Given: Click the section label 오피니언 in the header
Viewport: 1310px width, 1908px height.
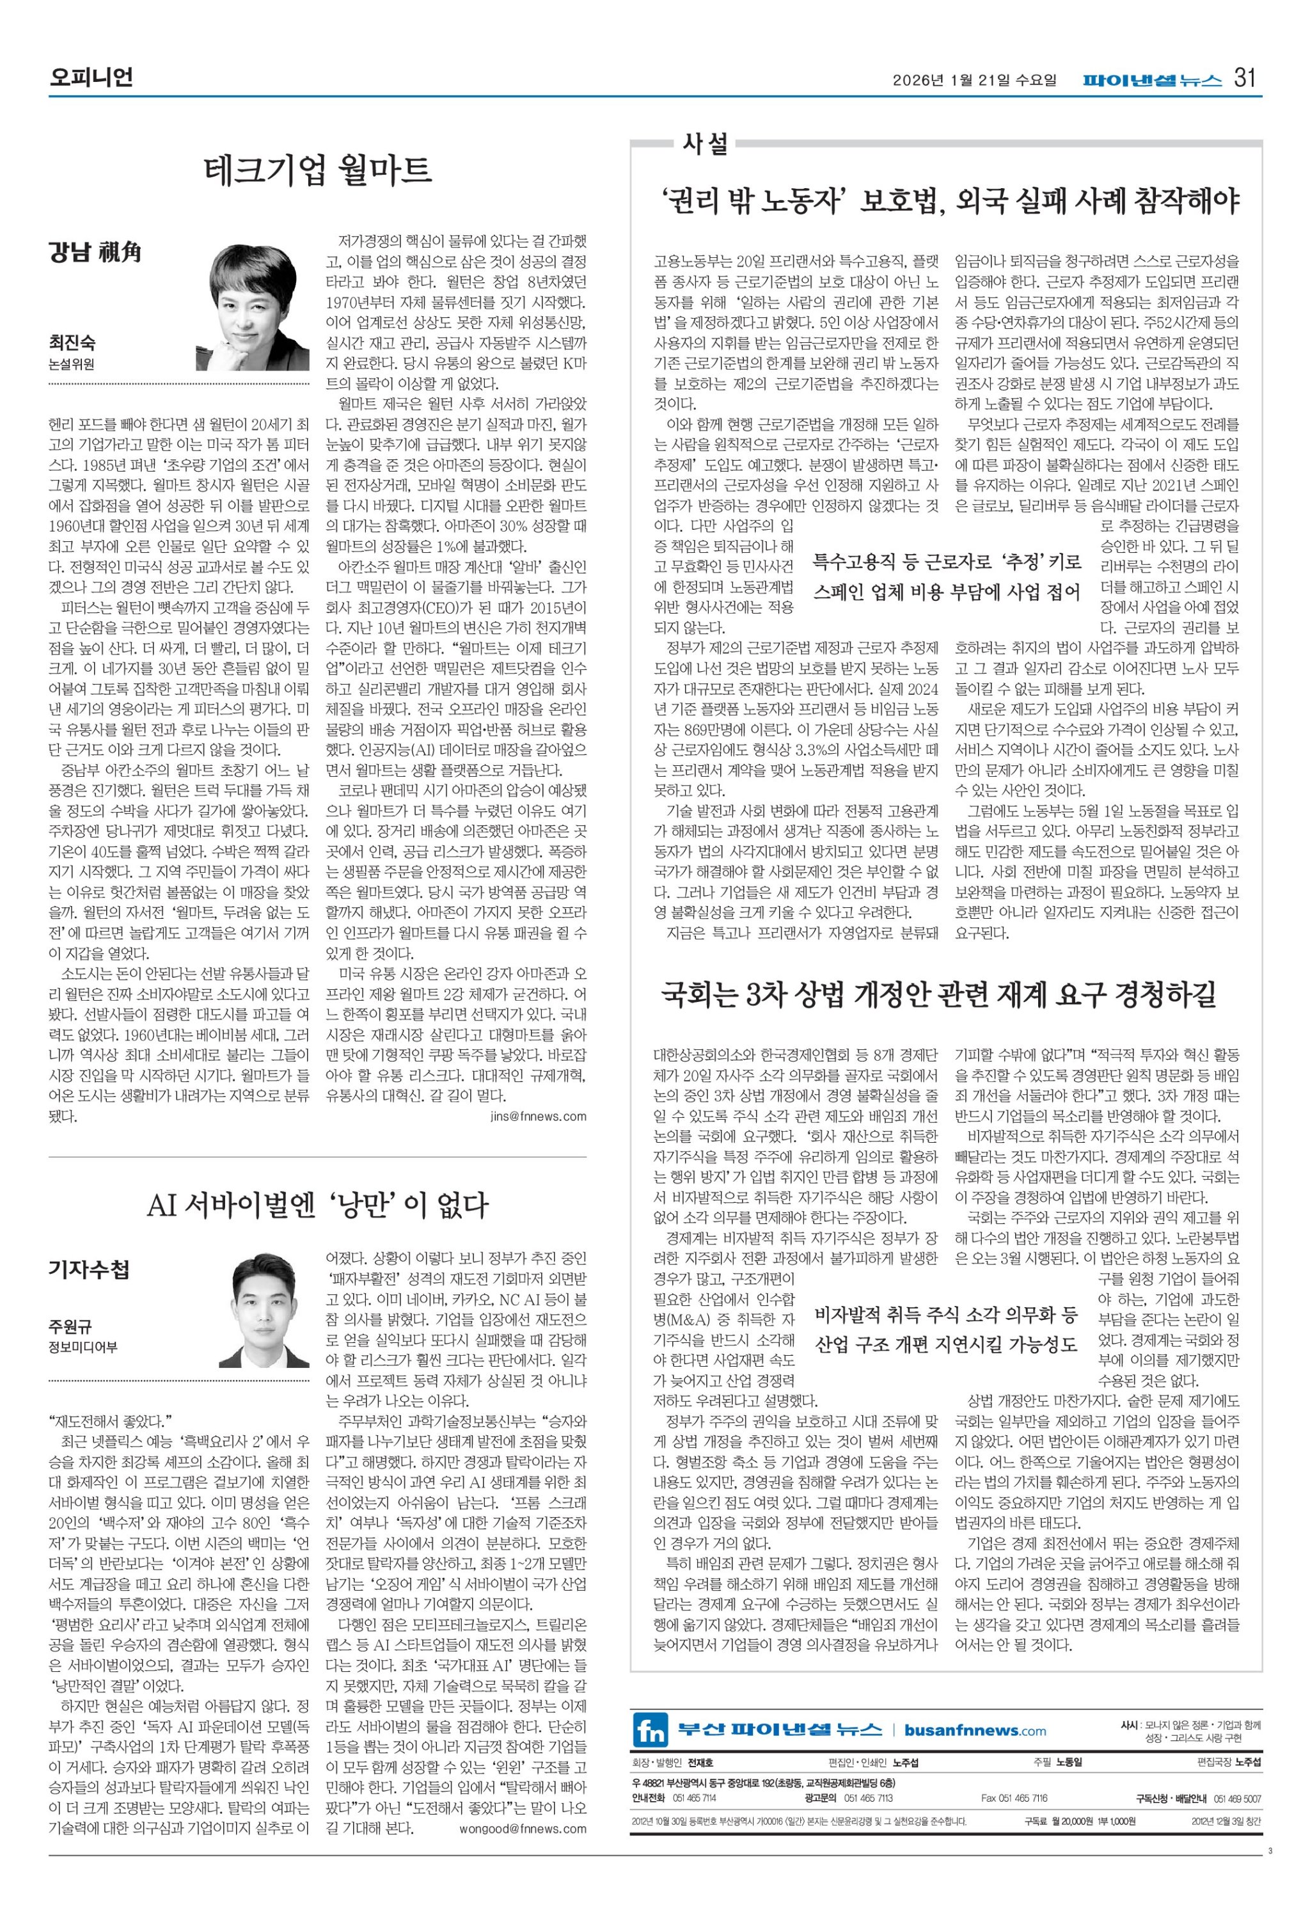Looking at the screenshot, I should (x=90, y=78).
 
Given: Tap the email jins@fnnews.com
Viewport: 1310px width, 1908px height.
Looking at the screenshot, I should (x=538, y=1116).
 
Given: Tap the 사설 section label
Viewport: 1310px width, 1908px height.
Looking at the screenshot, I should (x=705, y=144).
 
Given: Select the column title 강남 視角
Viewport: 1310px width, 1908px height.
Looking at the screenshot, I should (x=95, y=253).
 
